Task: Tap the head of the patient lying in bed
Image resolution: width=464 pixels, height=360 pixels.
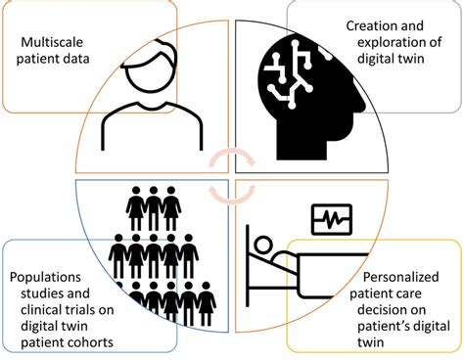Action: tap(263, 241)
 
